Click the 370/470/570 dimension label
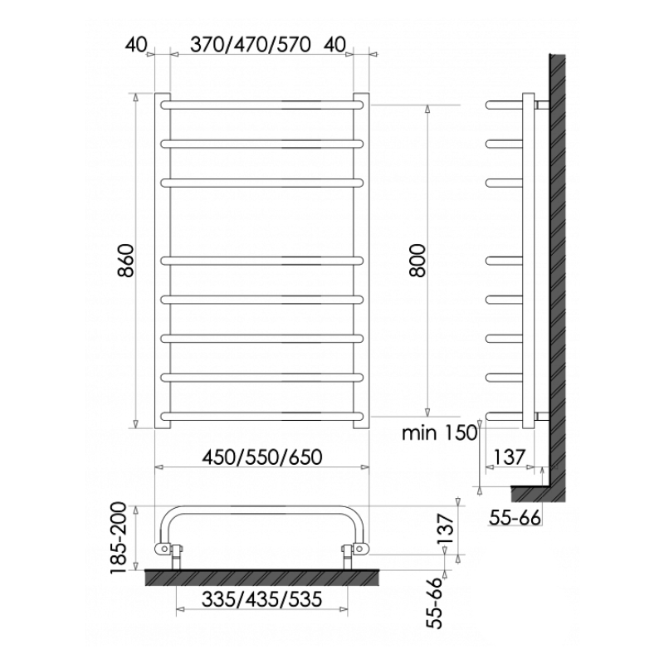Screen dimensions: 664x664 pyautogui.click(x=251, y=45)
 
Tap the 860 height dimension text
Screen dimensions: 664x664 pyautogui.click(x=126, y=260)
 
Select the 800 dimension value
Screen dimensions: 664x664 pyautogui.click(x=417, y=261)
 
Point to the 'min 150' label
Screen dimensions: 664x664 pyautogui.click(x=440, y=432)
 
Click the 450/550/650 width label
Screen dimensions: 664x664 pyautogui.click(x=262, y=457)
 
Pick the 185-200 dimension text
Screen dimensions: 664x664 pyautogui.click(x=118, y=538)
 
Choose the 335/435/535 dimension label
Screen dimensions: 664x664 pyautogui.click(x=262, y=599)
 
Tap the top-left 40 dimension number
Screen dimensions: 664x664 pyautogui.click(x=136, y=45)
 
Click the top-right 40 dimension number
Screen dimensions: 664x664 pyautogui.click(x=335, y=45)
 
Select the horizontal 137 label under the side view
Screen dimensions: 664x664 pyautogui.click(x=510, y=457)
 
